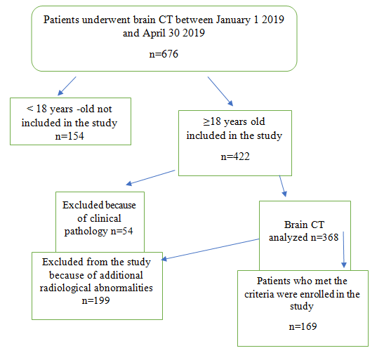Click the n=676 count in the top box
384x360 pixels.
pos(164,54)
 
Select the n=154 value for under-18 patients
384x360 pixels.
pos(69,136)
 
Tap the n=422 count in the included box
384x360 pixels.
pos(235,156)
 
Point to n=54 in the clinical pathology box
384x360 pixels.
pos(121,231)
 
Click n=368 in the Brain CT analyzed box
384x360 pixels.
pos(324,237)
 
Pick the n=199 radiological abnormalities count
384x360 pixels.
pos(95,300)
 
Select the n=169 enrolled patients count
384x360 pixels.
pos(303,326)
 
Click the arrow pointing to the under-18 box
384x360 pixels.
pos(67,86)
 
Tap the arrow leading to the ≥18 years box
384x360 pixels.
pos(220,91)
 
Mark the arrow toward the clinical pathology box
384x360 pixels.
pos(150,178)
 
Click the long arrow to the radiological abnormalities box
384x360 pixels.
pos(211,249)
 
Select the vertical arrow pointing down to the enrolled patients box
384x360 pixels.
pos(343,250)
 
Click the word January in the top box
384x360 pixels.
pos(233,20)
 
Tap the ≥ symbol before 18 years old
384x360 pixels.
pos(206,122)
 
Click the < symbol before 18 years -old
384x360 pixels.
pos(30,108)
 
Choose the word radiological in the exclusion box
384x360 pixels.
pos(65,288)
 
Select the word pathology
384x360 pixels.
pos(86,232)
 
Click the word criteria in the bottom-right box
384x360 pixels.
pos(259,294)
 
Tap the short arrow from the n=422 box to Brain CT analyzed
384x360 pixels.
pos(283,186)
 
